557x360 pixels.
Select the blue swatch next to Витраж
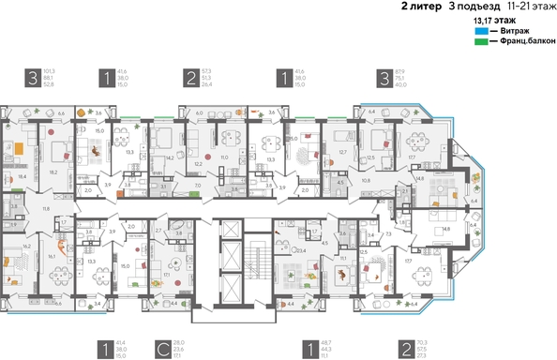(x=480, y=31)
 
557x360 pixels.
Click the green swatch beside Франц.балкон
(x=480, y=42)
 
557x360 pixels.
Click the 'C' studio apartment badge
(x=162, y=350)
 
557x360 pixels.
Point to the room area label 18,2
(x=53, y=172)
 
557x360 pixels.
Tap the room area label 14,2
(x=169, y=157)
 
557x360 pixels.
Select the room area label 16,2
(x=27, y=246)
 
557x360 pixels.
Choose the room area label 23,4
(x=301, y=250)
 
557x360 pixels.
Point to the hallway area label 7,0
(x=198, y=186)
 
